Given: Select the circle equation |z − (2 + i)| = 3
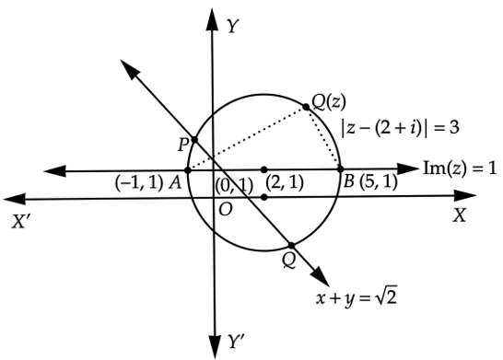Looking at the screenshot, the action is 401,128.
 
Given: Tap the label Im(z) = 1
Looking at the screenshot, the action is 460,168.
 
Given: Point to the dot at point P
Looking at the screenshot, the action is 194,140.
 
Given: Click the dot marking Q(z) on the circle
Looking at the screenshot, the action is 306,107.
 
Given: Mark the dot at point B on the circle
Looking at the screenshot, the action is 341,168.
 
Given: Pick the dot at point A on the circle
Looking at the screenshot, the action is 188,170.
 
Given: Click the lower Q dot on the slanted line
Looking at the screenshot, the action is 291,246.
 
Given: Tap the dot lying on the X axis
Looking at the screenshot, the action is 264,197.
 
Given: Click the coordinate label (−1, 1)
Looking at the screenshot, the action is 139,184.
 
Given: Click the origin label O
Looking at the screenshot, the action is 225,210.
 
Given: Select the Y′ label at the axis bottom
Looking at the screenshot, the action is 236,341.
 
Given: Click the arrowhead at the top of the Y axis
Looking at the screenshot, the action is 212,20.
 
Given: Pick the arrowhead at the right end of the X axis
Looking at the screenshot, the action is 464,195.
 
